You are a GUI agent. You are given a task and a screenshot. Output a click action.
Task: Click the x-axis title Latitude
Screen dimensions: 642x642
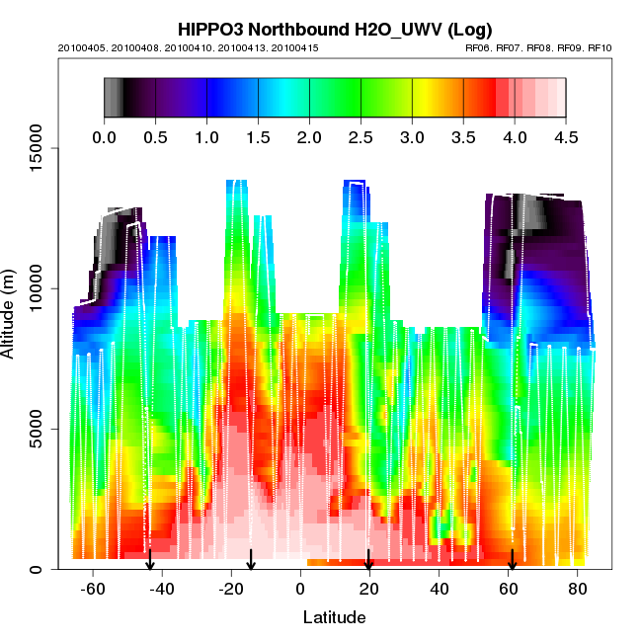334,617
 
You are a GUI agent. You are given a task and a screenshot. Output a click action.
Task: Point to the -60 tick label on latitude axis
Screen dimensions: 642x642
93,590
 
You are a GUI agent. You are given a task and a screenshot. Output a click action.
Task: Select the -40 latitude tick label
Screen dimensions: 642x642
162,590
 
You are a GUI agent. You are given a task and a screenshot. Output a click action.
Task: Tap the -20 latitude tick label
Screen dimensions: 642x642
231,590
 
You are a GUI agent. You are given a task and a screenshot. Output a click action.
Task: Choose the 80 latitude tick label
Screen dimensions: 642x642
577,590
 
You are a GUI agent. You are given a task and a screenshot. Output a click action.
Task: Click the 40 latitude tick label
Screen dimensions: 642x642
439,590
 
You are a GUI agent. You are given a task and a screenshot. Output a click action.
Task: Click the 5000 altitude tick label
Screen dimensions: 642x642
34,429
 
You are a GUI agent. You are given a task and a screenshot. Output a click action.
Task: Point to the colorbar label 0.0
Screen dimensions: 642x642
104,137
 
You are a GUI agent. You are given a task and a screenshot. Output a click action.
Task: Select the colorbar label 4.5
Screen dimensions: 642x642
566,137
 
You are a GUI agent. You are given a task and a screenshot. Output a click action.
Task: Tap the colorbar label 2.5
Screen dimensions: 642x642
361,137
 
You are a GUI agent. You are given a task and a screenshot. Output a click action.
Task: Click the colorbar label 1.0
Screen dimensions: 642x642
206,137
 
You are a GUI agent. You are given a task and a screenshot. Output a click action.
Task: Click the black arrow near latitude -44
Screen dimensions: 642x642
150,560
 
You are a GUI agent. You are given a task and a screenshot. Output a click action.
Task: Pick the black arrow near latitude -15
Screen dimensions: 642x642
251,560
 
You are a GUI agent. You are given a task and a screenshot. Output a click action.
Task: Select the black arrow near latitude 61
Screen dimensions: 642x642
512,560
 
